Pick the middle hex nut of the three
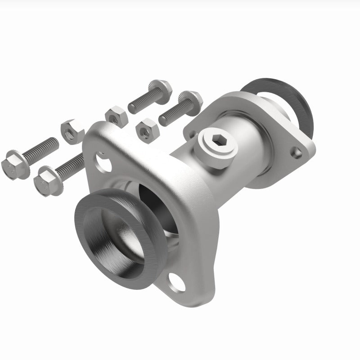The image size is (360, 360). point(117,116)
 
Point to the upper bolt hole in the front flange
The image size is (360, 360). point(101,162)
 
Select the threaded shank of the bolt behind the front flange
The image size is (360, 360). point(72,164)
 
